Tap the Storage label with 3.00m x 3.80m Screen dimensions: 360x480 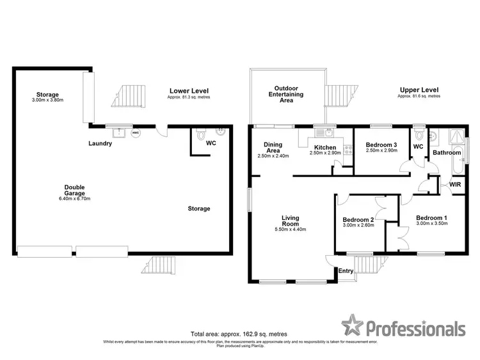[x=48, y=94]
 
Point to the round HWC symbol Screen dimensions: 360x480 [x=135, y=133]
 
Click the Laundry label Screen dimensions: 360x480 [x=100, y=144]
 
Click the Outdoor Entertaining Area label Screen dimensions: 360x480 [x=289, y=94]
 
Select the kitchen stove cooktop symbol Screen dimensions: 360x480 [x=348, y=151]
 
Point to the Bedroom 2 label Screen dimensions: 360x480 [x=358, y=220]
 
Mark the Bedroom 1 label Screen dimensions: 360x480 [x=431, y=218]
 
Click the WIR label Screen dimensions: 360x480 [x=455, y=185]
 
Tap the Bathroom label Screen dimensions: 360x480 [x=447, y=153]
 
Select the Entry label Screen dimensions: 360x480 [x=346, y=271]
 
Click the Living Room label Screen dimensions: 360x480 [x=291, y=221]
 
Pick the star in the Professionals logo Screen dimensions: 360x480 [x=351, y=325]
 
